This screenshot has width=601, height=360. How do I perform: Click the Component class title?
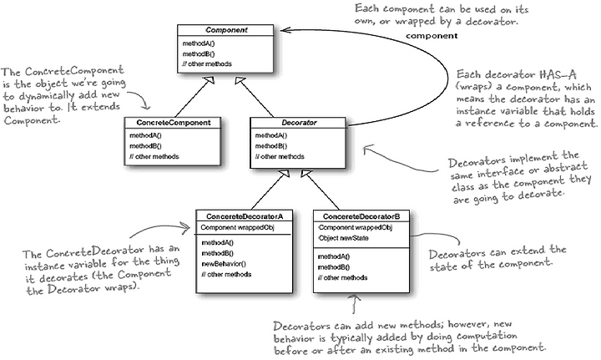pos(226,30)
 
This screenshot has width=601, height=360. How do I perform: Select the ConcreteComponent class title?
pos(174,123)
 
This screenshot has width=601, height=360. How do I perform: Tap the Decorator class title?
pos(299,123)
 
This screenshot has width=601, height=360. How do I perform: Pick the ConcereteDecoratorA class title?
pos(244,216)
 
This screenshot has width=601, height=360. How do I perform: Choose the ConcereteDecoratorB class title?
pos(361,216)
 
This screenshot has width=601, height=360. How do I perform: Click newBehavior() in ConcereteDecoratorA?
pos(224,264)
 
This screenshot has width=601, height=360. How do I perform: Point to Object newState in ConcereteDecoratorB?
pos(343,238)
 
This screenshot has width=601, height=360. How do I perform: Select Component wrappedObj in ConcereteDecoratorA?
pos(237,227)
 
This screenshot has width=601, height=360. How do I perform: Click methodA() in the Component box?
pos(199,43)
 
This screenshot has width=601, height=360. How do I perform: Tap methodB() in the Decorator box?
pos(271,146)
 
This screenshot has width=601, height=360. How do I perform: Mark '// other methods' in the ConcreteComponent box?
pos(154,156)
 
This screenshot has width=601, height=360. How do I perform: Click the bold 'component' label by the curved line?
pos(432,36)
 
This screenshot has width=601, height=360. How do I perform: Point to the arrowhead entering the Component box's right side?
pos(285,30)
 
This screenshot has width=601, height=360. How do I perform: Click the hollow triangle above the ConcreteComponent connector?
pos(210,79)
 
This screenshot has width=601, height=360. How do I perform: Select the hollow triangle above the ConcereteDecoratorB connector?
pos(306,174)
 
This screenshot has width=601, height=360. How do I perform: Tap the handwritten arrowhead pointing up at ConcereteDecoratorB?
pos(356,298)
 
